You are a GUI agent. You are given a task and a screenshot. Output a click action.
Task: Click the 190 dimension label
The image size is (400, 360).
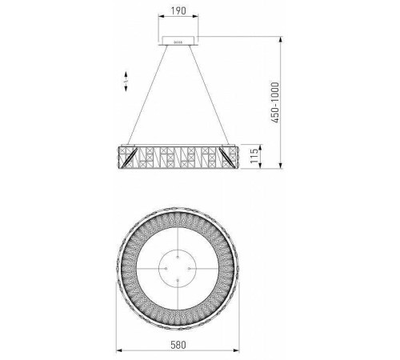pyautogui.click(x=178, y=11)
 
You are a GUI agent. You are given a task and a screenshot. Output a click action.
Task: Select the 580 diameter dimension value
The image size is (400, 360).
pyautogui.click(x=178, y=345)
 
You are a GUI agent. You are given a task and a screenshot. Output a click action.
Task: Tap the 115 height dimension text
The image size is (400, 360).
pyautogui.click(x=254, y=156)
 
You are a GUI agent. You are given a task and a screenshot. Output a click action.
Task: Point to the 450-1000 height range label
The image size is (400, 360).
pyautogui.click(x=275, y=102)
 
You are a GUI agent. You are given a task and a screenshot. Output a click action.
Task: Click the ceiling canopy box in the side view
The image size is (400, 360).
pyautogui.click(x=178, y=41)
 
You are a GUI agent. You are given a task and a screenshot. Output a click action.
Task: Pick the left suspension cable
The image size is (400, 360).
pyautogui.click(x=148, y=95)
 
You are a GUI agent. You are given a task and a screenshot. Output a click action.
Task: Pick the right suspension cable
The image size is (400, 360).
pyautogui.click(x=209, y=95)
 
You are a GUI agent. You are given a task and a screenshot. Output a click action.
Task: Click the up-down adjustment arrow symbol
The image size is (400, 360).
pyautogui.click(x=126, y=82)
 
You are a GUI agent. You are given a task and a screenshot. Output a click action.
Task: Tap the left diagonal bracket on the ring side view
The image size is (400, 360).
pyautogui.click(x=129, y=158)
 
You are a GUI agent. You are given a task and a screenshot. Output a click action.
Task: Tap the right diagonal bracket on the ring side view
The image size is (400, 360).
pyautogui.click(x=226, y=157)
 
